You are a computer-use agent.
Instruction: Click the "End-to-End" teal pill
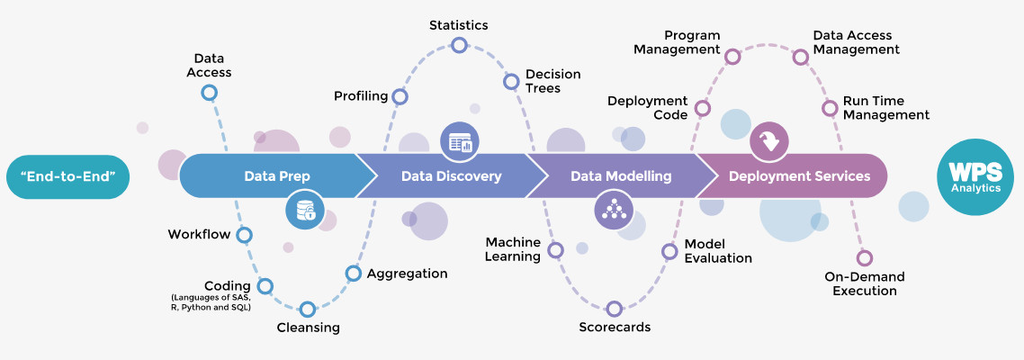coord(67,176)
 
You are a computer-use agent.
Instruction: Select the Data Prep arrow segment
coord(270,176)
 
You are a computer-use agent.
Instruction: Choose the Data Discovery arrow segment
coord(450,176)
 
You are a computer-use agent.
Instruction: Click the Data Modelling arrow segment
coord(621,176)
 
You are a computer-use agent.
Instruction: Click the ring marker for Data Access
coord(209,92)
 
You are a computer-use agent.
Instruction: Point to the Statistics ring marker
coord(459,45)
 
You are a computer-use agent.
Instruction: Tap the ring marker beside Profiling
coord(400,96)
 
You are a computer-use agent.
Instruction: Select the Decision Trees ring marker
coord(511,82)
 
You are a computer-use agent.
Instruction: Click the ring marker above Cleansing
coord(308,309)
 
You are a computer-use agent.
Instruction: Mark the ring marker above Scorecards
coord(615,309)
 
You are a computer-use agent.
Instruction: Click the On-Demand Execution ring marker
coord(864,257)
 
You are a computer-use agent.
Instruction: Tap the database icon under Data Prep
coord(307,211)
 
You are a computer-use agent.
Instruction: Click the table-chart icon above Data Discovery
coord(460,142)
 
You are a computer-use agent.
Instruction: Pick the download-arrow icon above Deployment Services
coord(769,141)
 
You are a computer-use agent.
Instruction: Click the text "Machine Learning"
coord(513,249)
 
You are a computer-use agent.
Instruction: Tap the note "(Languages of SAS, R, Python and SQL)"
coord(211,302)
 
